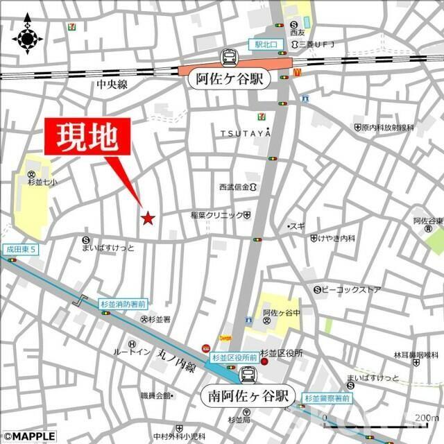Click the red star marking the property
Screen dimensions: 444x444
[147, 219]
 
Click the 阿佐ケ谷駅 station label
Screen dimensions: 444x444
[227, 79]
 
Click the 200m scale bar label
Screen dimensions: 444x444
[426, 418]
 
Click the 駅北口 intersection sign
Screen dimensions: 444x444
[264, 44]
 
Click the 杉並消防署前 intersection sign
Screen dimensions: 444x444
[122, 304]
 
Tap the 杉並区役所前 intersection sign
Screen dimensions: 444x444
[234, 358]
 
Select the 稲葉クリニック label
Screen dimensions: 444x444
[216, 216]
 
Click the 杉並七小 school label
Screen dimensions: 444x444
[31, 182]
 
